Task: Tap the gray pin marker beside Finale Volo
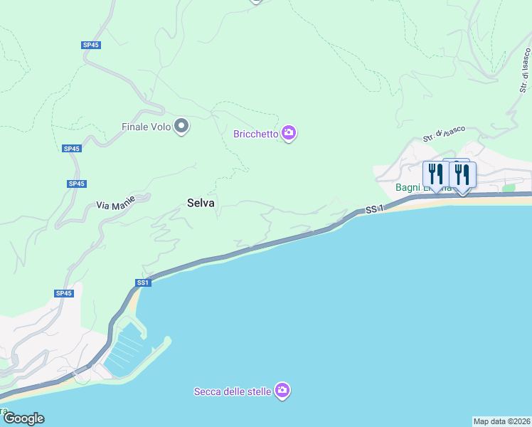tap(181, 126)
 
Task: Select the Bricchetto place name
tap(256, 133)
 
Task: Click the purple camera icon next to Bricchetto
tap(288, 132)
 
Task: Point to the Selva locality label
tap(201, 203)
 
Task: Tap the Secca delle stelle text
tap(233, 391)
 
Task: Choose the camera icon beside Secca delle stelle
tap(282, 390)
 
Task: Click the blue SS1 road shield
tap(143, 283)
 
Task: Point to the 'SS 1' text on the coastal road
tap(374, 209)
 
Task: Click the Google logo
tap(23, 418)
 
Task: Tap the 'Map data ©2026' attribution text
tap(501, 421)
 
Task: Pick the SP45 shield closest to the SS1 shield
tap(63, 293)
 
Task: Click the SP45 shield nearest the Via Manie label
tap(77, 184)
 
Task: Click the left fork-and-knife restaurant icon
tap(435, 173)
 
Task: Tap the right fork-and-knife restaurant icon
tap(462, 173)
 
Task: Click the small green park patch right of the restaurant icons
tap(509, 188)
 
